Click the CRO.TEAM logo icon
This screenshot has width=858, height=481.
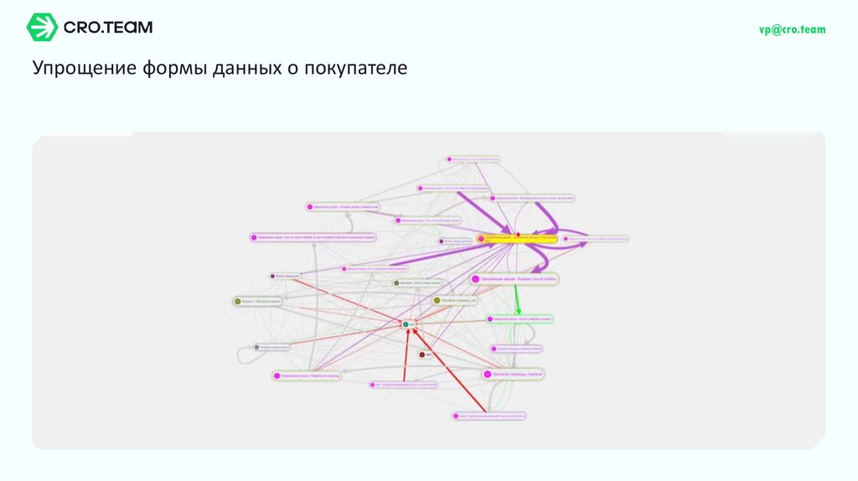point(41,28)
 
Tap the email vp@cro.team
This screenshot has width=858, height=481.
point(792,29)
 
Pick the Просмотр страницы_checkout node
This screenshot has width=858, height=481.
point(513,374)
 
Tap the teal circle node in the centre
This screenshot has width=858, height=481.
point(406,323)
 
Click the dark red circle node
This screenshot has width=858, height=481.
point(421,354)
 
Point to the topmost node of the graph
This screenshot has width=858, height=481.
point(473,158)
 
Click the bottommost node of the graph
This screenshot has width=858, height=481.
point(491,415)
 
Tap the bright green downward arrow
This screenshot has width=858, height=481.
point(518,297)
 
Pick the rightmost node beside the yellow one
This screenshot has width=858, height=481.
point(597,239)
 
